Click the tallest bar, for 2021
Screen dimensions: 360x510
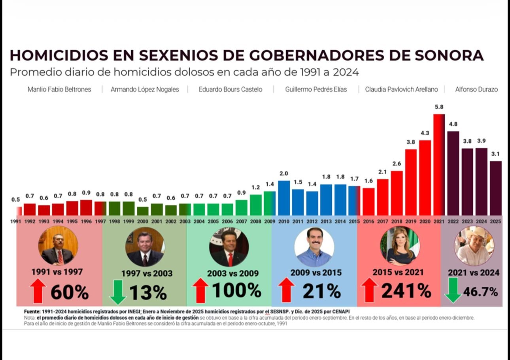pyautogui.click(x=439, y=165)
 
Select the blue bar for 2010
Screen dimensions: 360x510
pyautogui.click(x=283, y=198)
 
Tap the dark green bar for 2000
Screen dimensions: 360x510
pyautogui.click(x=143, y=211)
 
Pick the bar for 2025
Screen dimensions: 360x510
pyautogui.click(x=496, y=188)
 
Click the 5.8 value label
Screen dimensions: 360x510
pyautogui.click(x=439, y=107)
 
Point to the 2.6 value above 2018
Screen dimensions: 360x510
pyautogui.click(x=397, y=164)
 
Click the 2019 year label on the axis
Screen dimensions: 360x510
pyautogui.click(x=411, y=222)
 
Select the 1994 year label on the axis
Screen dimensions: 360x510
pyautogui.click(x=58, y=222)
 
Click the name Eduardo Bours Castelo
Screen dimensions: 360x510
pyautogui.click(x=230, y=89)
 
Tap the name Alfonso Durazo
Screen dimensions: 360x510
pyautogui.click(x=476, y=89)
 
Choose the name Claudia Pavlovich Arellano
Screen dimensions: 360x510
pyautogui.click(x=401, y=89)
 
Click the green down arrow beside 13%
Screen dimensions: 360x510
pyautogui.click(x=117, y=292)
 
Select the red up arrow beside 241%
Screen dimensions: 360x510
pyautogui.click(x=369, y=290)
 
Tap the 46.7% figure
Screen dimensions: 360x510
pyautogui.click(x=480, y=292)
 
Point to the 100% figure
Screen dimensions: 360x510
pyautogui.click(x=236, y=291)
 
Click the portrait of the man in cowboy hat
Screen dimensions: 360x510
pyautogui.click(x=474, y=246)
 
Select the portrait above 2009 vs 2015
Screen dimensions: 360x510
pyautogui.click(x=314, y=247)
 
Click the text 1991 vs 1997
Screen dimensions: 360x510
pyautogui.click(x=57, y=272)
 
